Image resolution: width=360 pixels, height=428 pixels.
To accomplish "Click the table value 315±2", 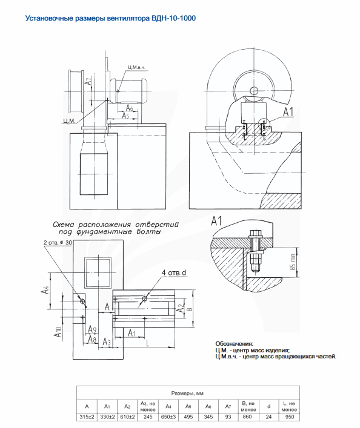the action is point(87,417).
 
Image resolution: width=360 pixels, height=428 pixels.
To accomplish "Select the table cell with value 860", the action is point(248,417).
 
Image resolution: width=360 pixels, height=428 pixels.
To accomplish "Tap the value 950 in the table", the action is point(290,417).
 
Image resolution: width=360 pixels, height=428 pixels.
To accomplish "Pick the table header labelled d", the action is point(268,406).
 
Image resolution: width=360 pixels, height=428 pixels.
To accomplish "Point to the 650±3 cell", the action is point(168,417).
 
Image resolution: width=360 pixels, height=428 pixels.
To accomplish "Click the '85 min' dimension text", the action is point(293,262).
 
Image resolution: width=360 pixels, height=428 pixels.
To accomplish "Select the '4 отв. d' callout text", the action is point(173,272).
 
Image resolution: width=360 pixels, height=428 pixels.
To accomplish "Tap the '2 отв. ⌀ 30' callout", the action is point(58,242).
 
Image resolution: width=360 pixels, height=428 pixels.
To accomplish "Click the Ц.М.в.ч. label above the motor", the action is point(137,67).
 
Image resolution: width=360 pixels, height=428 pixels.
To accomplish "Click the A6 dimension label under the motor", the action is point(129,108).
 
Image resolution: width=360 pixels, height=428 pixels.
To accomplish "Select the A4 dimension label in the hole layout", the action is point(45,290).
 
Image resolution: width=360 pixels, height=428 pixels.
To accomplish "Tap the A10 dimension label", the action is point(58,331).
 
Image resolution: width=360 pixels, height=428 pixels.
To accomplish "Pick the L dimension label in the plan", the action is point(148,343).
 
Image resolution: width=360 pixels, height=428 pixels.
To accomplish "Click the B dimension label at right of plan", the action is point(190,309).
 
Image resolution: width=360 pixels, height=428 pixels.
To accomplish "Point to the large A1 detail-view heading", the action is point(216,221).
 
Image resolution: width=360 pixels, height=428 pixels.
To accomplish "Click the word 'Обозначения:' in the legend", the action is point(235,344).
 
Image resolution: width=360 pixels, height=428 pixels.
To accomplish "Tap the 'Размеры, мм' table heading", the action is point(187,393).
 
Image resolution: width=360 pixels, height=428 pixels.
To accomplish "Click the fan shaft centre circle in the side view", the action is point(254,90).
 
